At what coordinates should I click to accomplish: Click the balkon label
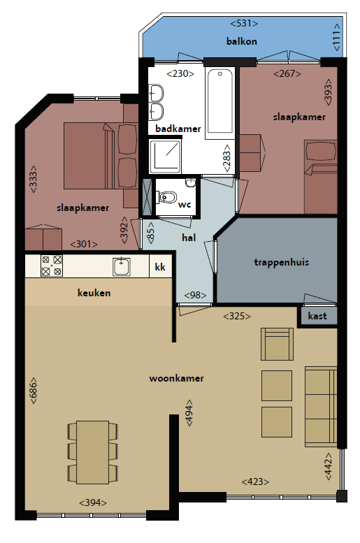coord(241,41)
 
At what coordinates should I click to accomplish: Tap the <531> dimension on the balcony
coord(244,23)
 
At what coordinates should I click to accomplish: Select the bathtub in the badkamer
coord(220,103)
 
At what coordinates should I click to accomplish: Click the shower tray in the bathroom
coord(165,156)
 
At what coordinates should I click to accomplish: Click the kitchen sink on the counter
coord(121,267)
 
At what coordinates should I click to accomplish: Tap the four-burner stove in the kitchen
coord(52,266)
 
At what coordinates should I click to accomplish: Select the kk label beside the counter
coord(160,267)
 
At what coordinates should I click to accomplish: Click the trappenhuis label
coord(281,262)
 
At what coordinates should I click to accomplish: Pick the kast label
coord(317,316)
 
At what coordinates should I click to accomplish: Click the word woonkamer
coord(176,378)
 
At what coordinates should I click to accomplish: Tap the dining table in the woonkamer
coord(92,452)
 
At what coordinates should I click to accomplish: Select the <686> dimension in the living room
coord(34,390)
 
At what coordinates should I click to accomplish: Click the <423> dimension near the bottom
coord(255,482)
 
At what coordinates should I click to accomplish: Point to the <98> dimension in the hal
coord(195,295)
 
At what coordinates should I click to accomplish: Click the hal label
coord(189,238)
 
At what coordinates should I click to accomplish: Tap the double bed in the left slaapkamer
coord(89,155)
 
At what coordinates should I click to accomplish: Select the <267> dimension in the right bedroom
coord(287,74)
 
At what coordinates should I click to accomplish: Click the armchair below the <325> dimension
coord(277,344)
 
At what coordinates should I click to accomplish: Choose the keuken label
coord(94,293)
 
